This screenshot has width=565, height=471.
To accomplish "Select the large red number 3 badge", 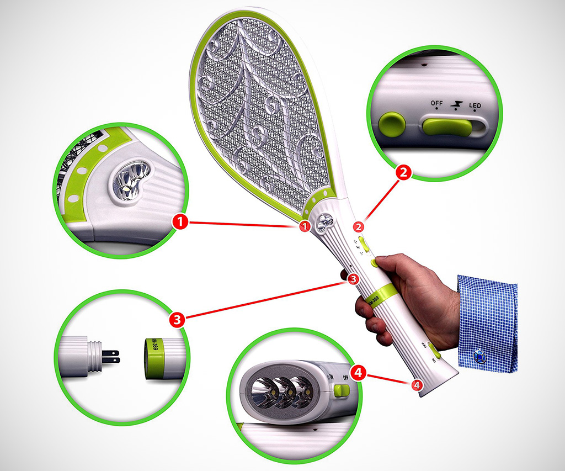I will pos(177,319).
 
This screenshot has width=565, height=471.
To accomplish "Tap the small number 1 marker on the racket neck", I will pos(303,226).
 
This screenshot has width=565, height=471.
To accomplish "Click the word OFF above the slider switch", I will pos(436,103).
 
